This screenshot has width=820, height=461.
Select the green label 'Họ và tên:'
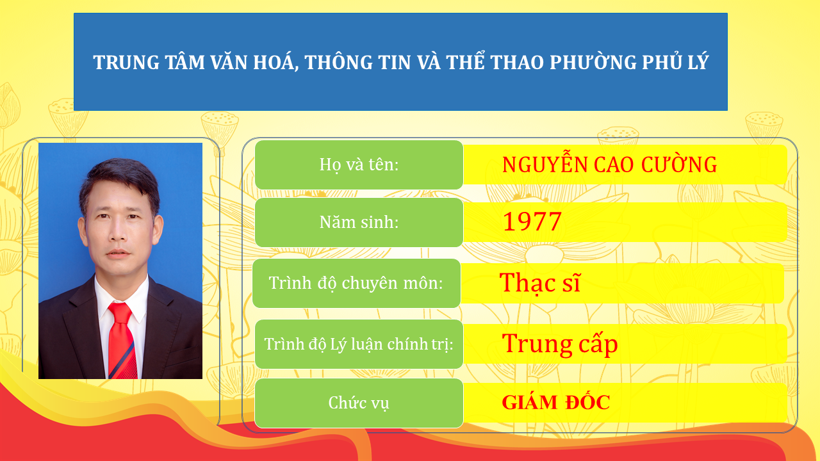[x=359, y=165]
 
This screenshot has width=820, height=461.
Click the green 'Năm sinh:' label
[x=359, y=222]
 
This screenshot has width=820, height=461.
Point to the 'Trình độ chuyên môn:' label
[x=356, y=283]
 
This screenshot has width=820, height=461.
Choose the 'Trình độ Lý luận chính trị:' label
[x=359, y=344]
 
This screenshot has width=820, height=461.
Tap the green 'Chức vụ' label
[x=359, y=403]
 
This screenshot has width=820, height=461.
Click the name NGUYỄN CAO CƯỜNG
[x=609, y=165]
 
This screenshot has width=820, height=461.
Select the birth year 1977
[x=532, y=222]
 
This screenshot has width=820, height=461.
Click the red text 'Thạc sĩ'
[x=540, y=282]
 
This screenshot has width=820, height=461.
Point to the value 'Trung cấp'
[x=559, y=344]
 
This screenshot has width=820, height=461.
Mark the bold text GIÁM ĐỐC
[x=555, y=403]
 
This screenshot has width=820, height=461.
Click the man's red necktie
[x=121, y=339]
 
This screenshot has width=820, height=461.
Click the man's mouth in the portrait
[x=119, y=254]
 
